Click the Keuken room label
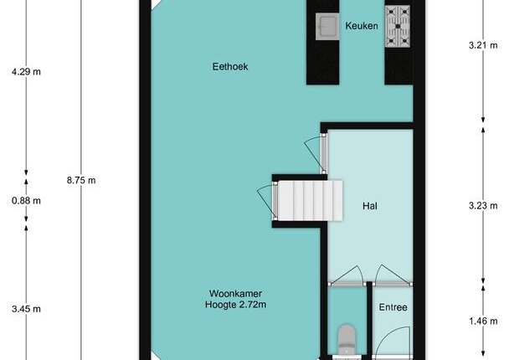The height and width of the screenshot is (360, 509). [x=362, y=26]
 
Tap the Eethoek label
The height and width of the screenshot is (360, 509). [x=230, y=66]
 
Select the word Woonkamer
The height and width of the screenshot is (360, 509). [x=236, y=294]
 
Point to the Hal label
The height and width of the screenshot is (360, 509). [x=370, y=206]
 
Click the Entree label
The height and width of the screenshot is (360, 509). [x=393, y=307]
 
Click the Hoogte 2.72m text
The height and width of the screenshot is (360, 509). [x=236, y=305]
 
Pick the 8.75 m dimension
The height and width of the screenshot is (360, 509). [x=81, y=180]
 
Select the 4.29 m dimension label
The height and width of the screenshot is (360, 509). [x=26, y=71]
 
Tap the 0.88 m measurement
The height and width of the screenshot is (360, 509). [x=26, y=201]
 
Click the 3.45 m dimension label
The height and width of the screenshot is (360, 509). [x=26, y=309]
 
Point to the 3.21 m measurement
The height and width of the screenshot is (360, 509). [x=483, y=45]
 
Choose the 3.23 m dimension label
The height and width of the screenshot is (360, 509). [x=483, y=205]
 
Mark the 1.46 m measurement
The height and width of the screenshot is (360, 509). [x=483, y=321]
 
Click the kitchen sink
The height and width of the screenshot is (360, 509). [x=327, y=27]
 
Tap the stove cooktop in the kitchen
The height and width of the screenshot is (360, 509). [x=398, y=26]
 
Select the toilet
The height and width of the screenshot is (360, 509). [x=347, y=340]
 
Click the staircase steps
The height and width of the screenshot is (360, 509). [x=310, y=201]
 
